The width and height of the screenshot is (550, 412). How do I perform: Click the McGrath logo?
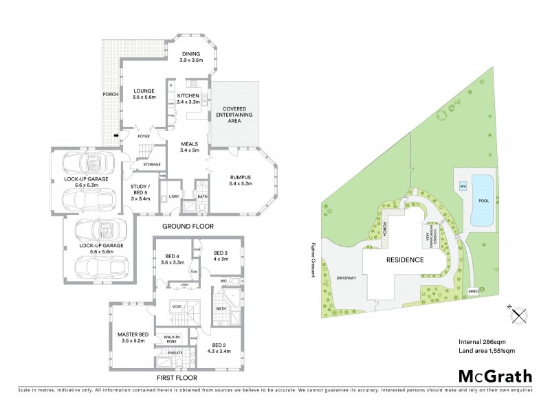(x=493, y=377)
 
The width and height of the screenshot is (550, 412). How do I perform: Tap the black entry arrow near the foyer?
(x=115, y=135)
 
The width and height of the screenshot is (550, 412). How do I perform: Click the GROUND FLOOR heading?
(x=188, y=226)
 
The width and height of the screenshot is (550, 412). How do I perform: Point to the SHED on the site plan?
(x=473, y=291)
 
